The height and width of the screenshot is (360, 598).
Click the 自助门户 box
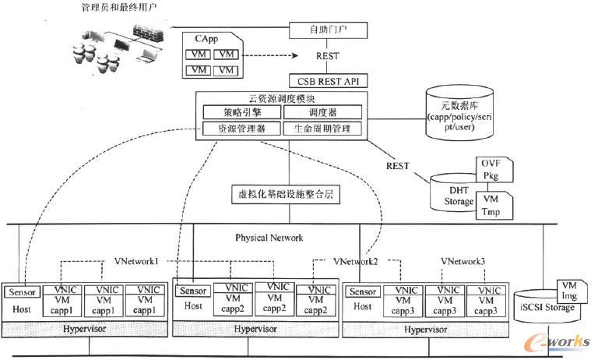pos(326,30)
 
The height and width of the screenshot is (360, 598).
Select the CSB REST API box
pos(327,79)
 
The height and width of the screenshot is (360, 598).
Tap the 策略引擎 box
pos(239,112)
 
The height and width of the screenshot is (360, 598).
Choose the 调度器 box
pos(322,112)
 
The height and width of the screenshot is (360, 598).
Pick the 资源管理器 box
pos(239,127)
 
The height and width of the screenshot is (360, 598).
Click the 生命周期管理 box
pos(322,127)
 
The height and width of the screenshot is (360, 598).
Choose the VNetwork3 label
pos(463,262)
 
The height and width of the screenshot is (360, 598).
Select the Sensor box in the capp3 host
pos(363,292)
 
